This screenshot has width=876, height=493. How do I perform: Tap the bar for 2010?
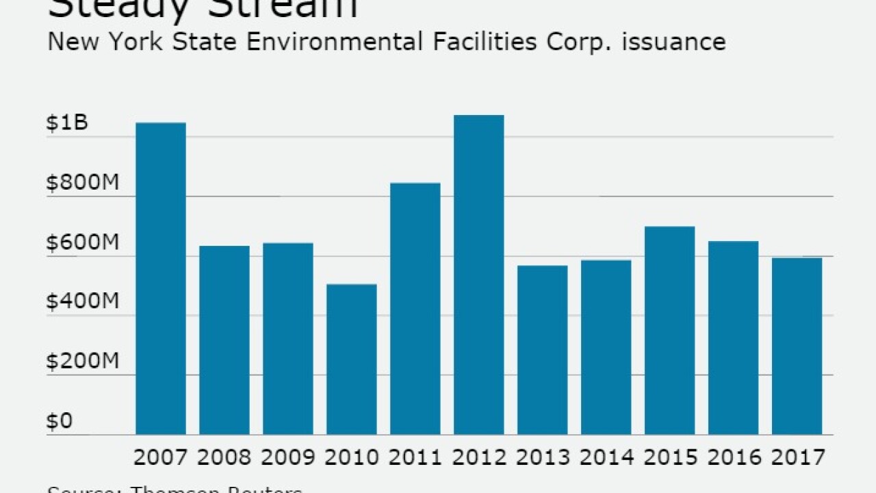tap(352, 359)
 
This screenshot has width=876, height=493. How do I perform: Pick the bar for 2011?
tap(415, 309)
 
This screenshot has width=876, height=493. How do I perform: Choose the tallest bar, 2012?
tap(479, 275)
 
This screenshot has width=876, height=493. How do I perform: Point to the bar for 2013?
tap(543, 350)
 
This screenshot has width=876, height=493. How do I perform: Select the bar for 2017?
tap(797, 346)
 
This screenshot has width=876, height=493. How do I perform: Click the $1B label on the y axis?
tap(67, 123)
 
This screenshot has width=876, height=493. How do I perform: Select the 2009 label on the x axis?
tap(288, 457)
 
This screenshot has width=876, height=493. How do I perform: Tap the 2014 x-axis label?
tap(606, 457)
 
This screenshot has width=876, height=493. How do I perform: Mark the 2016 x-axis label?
tap(734, 457)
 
